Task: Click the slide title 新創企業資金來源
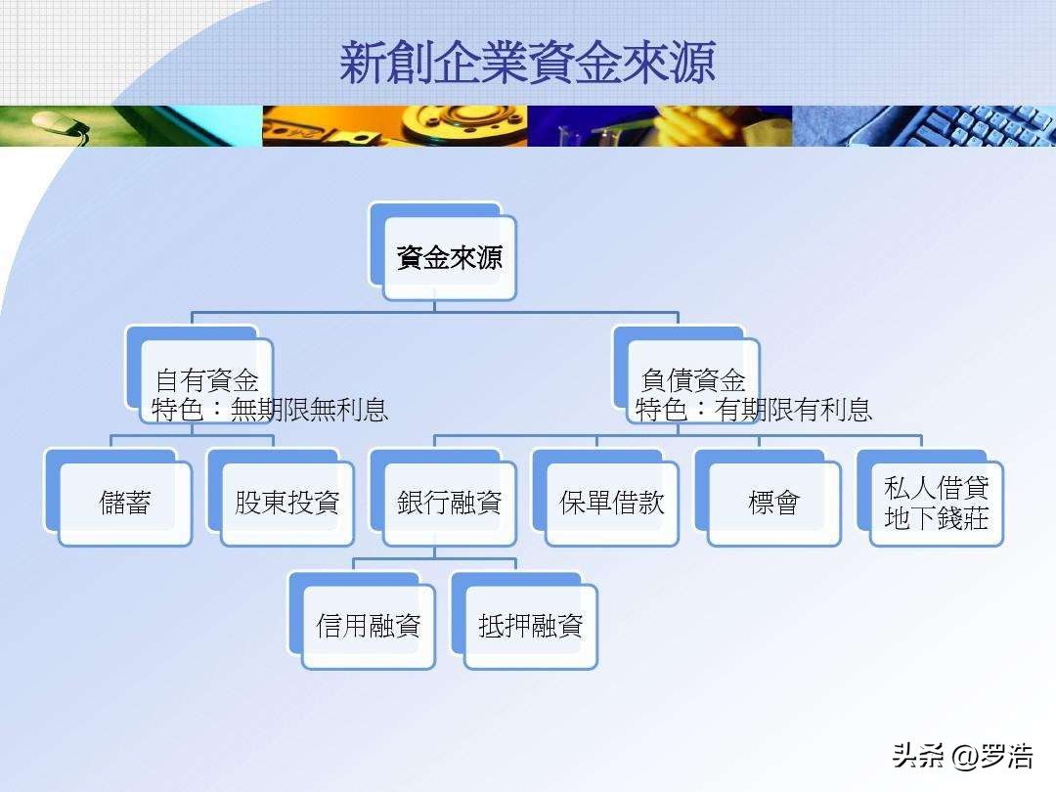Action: [x=527, y=62]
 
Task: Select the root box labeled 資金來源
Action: [x=443, y=252]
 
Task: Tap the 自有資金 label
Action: [x=206, y=380]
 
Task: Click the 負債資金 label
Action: [x=693, y=380]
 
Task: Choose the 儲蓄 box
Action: [x=118, y=498]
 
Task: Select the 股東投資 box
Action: [x=281, y=498]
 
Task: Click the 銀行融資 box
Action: [x=443, y=498]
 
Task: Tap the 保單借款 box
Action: [x=605, y=498]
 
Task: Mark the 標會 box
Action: [x=768, y=498]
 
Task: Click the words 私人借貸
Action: [x=936, y=487]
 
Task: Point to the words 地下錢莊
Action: [x=936, y=518]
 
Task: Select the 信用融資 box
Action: [x=362, y=621]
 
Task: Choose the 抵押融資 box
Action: [x=524, y=621]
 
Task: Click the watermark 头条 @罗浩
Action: [x=963, y=756]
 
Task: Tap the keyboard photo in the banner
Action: [x=924, y=126]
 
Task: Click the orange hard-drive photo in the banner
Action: [x=395, y=126]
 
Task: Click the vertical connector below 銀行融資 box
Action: [x=434, y=552]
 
